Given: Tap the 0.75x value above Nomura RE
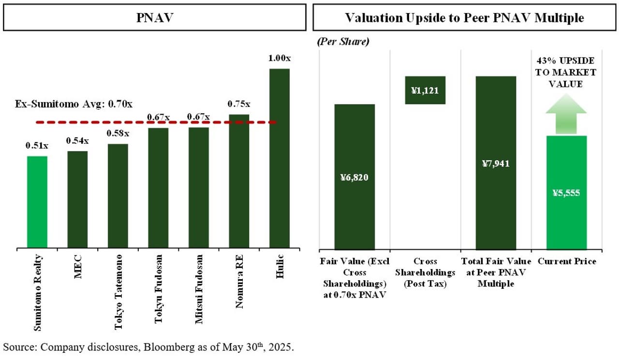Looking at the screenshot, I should [x=239, y=104].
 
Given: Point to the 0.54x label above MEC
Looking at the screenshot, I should [x=77, y=141].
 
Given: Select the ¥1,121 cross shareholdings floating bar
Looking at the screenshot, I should [x=425, y=90].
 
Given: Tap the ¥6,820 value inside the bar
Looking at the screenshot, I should [x=354, y=178].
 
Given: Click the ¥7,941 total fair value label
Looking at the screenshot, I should [x=496, y=164].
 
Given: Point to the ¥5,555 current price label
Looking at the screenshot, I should [x=566, y=193].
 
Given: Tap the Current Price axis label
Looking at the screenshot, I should [x=567, y=261].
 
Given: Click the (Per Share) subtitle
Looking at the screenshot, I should [x=343, y=42].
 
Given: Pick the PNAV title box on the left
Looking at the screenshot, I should [x=154, y=18].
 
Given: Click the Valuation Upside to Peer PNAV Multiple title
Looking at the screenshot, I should [x=464, y=18].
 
